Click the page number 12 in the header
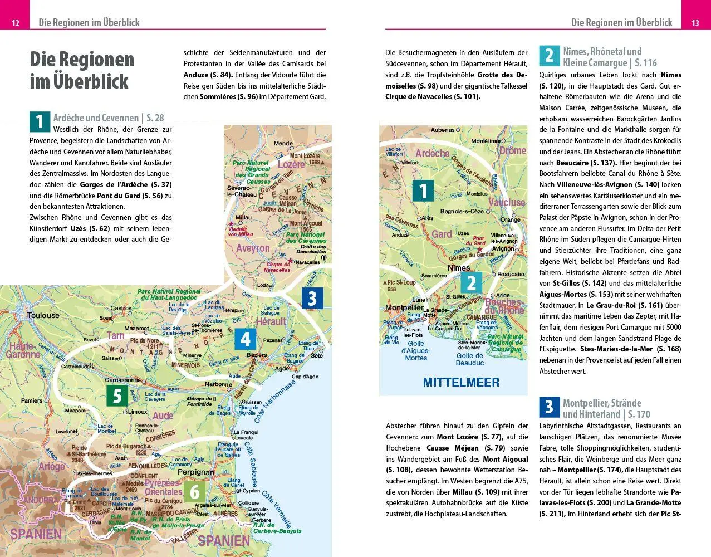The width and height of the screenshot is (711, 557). point(16,23)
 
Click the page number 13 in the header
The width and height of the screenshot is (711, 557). point(695,23)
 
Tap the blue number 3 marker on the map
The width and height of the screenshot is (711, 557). point(312,299)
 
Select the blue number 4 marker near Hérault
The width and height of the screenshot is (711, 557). point(245,339)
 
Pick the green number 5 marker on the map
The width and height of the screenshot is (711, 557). point(117,396)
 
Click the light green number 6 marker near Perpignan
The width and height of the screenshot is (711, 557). point(195,492)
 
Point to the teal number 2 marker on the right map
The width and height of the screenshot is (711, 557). point(471,283)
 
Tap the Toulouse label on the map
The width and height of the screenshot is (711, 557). point(43,315)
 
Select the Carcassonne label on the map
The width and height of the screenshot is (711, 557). point(123,380)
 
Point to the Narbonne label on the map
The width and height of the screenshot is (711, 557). point(218,384)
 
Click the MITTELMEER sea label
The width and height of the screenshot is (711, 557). point(461,383)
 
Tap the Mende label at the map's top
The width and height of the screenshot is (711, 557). point(283,144)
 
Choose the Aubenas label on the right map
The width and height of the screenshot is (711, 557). point(443,130)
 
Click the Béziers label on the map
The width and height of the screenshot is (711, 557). point(257,355)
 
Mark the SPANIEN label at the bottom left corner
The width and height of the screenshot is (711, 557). point(36,534)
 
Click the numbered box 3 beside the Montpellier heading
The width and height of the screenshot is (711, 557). point(549,408)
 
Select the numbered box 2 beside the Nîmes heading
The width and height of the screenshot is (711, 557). point(549,56)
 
